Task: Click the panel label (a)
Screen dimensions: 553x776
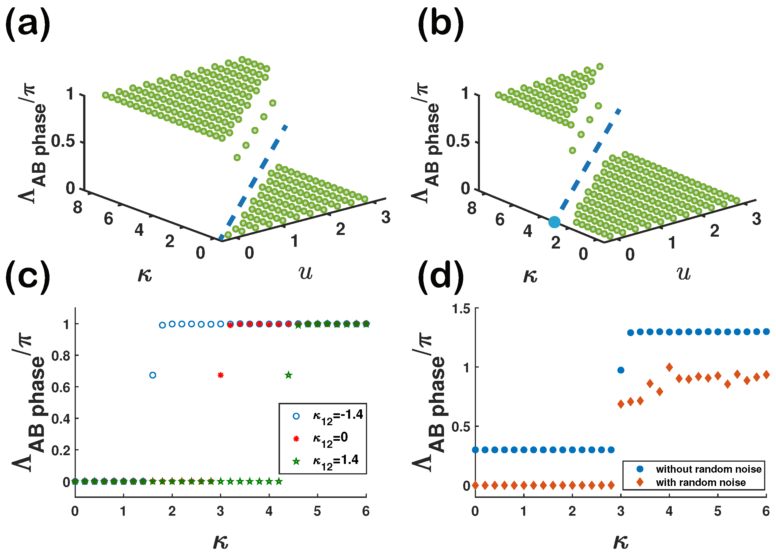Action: [28, 25]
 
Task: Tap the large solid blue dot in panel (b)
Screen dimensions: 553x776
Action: [554, 222]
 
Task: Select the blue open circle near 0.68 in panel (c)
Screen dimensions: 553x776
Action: [153, 375]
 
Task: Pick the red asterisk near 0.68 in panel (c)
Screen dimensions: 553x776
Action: [220, 375]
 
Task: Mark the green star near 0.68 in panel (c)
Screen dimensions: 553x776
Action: [288, 375]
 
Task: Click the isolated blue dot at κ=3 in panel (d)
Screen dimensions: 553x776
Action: [621, 370]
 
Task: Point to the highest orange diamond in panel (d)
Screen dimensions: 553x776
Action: [669, 367]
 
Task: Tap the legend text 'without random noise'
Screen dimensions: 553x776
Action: [708, 469]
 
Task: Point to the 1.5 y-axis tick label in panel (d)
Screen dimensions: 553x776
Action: [461, 309]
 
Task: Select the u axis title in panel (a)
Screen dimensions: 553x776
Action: [305, 273]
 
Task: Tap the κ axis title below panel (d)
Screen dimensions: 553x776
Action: [621, 541]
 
